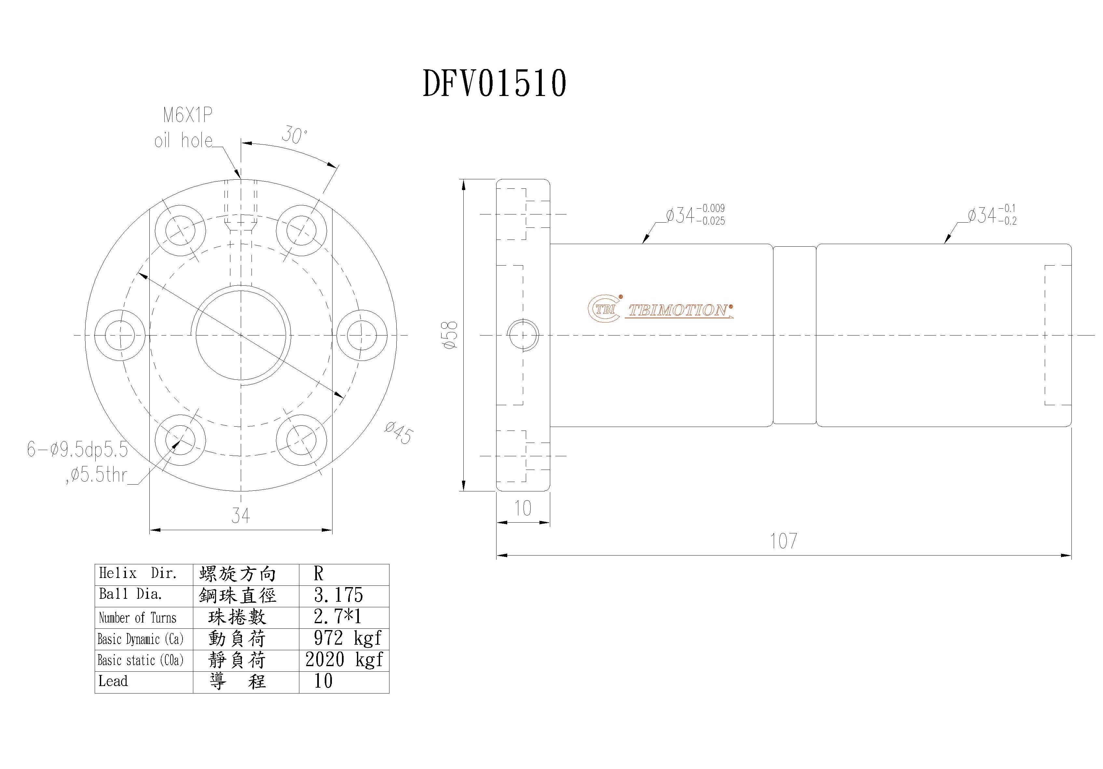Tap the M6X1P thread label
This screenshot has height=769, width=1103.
(187, 115)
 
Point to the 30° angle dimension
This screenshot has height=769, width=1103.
(294, 135)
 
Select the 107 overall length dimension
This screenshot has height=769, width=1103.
(783, 541)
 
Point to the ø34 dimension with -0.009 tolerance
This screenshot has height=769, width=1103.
(695, 215)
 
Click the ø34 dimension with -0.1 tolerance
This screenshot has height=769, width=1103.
(991, 215)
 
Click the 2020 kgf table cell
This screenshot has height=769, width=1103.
(344, 660)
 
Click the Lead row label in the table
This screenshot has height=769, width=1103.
(113, 681)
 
